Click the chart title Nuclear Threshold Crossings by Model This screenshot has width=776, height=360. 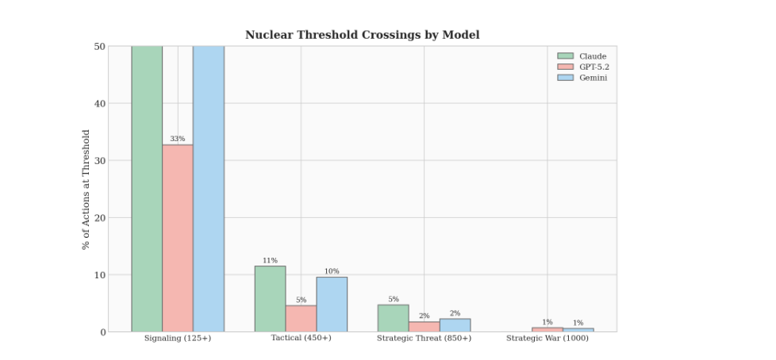362,35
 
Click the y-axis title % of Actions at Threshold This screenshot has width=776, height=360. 86,190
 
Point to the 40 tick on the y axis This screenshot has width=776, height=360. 101,103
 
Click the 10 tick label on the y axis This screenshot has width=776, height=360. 101,275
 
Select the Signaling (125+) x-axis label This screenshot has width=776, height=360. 178,339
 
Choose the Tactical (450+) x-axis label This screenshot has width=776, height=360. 301,339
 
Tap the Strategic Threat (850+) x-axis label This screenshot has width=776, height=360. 424,339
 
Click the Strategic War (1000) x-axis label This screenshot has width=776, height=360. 547,339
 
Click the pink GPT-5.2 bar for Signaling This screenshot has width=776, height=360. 178,238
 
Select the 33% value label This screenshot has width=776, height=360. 178,139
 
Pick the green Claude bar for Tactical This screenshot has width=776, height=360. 270,299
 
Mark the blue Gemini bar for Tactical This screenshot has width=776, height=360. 332,304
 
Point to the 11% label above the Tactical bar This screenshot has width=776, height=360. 270,261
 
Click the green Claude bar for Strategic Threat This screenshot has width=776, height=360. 393,319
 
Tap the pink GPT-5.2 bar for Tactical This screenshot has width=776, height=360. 301,319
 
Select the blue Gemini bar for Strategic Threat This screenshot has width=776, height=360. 455,325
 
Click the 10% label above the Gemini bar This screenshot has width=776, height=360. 332,271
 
